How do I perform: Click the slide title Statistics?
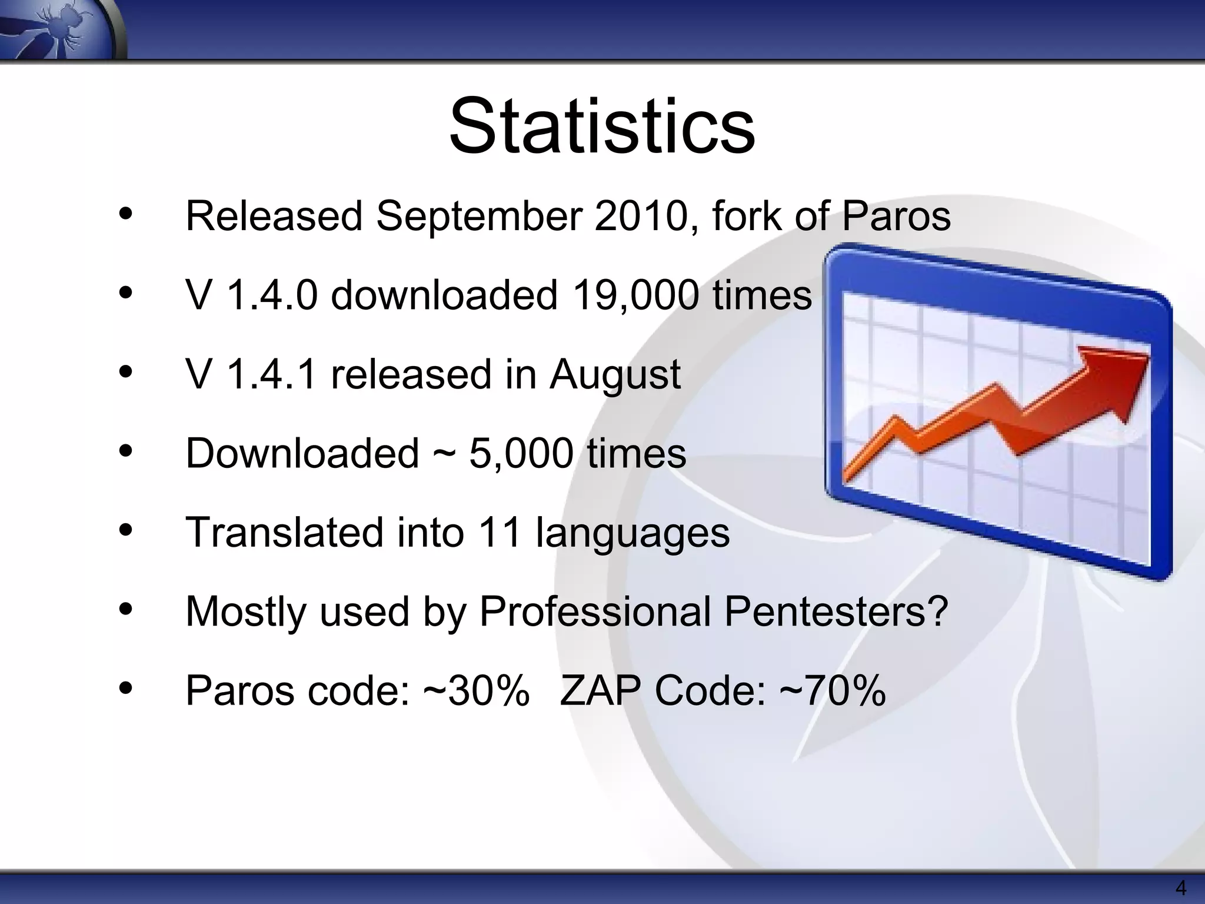click(602, 127)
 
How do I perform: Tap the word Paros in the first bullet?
click(896, 216)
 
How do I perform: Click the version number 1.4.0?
click(271, 295)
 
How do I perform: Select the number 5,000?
click(521, 454)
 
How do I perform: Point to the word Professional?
click(595, 611)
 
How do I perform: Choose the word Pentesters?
click(836, 611)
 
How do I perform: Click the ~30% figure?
click(476, 690)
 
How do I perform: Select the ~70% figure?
click(833, 690)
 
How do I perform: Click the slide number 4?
click(1180, 888)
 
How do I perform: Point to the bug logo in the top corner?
click(59, 26)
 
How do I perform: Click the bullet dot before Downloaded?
click(125, 451)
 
